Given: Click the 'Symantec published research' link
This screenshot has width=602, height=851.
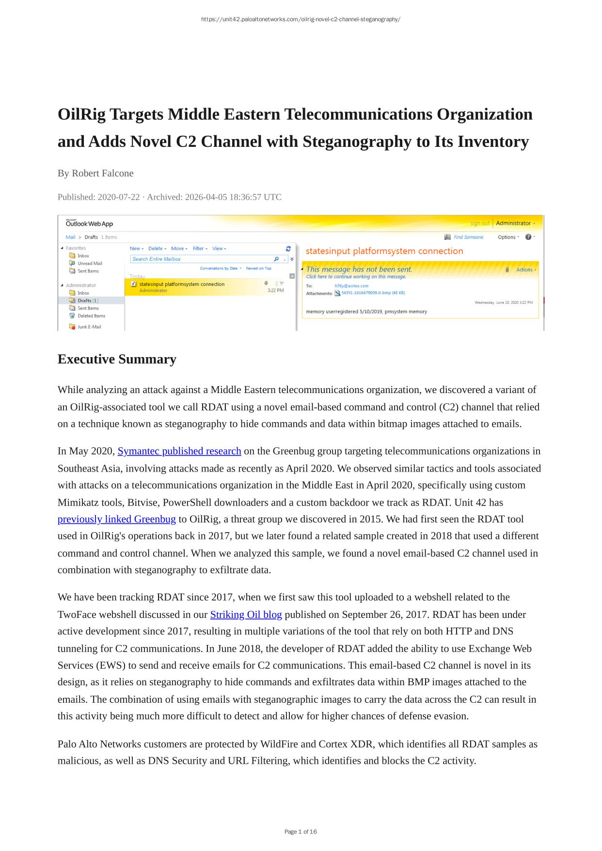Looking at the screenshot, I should (179, 451).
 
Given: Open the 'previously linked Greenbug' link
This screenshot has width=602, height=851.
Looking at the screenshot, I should (116, 519).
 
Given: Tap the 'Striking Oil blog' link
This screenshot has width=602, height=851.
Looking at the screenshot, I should (246, 615).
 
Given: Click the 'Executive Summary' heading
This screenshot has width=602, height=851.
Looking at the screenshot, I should (117, 359).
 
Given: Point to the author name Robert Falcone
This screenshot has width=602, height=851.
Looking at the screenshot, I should (102, 173).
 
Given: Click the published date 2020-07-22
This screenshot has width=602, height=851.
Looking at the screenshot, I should (118, 197).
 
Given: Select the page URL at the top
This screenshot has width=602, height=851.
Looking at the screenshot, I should (301, 19).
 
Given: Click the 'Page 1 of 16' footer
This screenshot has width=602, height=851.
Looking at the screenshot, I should (301, 832).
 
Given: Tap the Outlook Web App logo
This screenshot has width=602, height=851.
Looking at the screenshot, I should (89, 223).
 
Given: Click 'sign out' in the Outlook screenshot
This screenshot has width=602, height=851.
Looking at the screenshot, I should (479, 223).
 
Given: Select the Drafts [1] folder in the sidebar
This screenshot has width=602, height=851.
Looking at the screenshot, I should (87, 300).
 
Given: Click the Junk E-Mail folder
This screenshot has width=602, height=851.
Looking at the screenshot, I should (89, 327).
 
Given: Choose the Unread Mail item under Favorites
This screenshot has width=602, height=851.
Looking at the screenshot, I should (90, 263).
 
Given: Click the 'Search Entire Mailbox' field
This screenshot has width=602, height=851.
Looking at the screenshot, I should (201, 259).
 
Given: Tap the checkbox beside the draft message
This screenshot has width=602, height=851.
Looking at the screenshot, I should (134, 284).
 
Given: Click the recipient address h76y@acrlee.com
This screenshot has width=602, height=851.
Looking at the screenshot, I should (351, 286).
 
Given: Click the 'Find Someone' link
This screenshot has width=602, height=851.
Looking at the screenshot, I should (468, 237).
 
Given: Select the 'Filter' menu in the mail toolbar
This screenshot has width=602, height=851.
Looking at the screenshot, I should (200, 249).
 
